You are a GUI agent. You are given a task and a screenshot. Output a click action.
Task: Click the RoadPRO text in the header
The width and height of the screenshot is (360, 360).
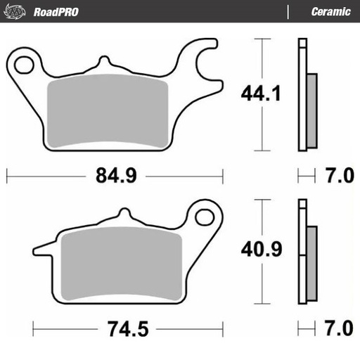point(55,12)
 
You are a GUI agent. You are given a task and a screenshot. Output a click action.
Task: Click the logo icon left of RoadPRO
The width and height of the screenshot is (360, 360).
point(18,12)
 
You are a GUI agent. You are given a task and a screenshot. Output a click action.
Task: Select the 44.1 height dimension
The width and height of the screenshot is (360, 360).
point(262,94)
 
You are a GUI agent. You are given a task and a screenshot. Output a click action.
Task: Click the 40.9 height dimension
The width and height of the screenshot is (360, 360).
point(262,250)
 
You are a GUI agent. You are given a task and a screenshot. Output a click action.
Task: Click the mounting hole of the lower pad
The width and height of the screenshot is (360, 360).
point(205,216)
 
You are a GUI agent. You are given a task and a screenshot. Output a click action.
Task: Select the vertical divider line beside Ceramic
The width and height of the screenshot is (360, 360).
point(289,12)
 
